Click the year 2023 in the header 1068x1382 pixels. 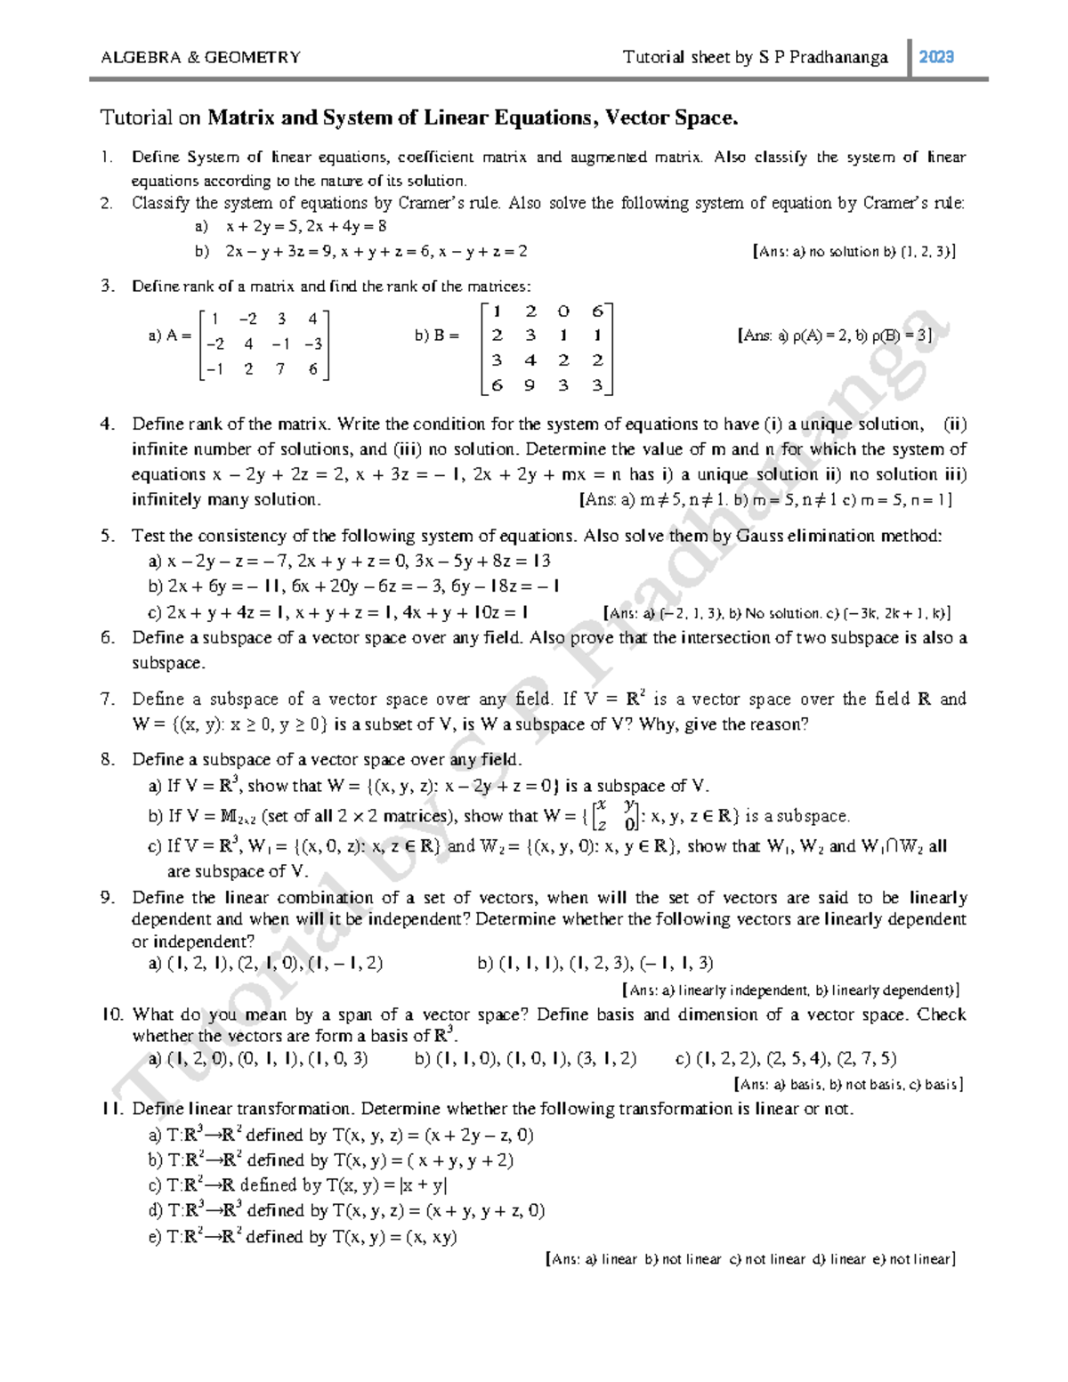pos(936,58)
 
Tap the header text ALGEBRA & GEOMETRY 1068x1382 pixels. pos(200,58)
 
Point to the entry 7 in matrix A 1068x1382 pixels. pos(280,368)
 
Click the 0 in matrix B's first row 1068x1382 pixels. pos(562,311)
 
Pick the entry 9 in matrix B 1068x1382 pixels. pos(530,385)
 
